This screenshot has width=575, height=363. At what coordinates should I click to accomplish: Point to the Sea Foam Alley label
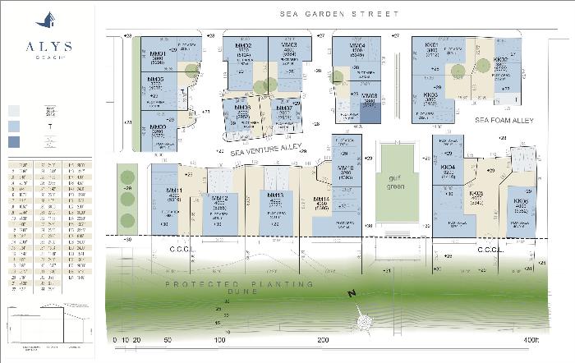pyautogui.click(x=504, y=121)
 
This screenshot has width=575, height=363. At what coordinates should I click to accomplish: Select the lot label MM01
pyautogui.click(x=159, y=54)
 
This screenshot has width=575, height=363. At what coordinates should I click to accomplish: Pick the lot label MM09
pyautogui.click(x=157, y=127)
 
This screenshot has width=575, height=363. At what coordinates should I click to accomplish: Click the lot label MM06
pyautogui.click(x=242, y=108)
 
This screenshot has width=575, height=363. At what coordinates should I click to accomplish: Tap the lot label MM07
pyautogui.click(x=285, y=108)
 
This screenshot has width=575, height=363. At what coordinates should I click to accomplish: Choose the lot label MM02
pyautogui.click(x=243, y=45)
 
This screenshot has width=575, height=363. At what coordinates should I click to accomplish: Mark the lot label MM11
pyautogui.click(x=173, y=191)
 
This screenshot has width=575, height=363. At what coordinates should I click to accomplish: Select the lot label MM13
pyautogui.click(x=276, y=195)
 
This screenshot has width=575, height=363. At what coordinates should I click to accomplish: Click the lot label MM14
pyautogui.click(x=321, y=199)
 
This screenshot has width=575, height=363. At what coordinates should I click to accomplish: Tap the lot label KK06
pyautogui.click(x=520, y=201)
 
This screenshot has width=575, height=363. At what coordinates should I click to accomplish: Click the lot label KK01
pyautogui.click(x=431, y=44)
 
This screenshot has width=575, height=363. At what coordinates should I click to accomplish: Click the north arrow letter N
pyautogui.click(x=351, y=295)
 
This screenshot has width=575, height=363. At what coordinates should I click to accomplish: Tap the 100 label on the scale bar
pyautogui.click(x=219, y=339)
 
